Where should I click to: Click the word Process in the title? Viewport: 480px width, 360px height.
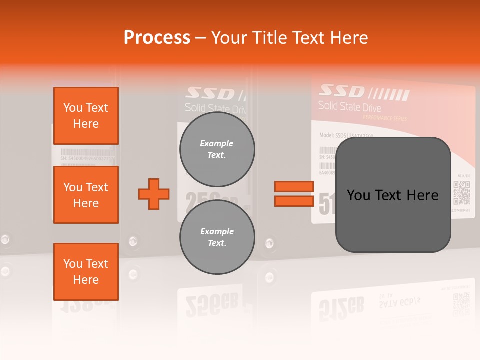[x=157, y=38]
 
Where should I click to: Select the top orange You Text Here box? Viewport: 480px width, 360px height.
[x=86, y=116]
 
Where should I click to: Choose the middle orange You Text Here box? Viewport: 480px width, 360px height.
[x=86, y=195]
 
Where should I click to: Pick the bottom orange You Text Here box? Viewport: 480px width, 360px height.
[x=86, y=272]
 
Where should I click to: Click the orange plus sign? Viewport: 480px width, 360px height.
[x=154, y=194]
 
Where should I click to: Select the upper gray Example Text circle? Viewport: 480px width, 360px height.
[x=217, y=149]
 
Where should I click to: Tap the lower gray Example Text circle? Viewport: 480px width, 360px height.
[x=217, y=237]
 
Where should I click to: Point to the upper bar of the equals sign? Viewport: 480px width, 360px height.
[x=294, y=187]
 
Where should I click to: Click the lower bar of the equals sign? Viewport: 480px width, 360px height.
[x=294, y=201]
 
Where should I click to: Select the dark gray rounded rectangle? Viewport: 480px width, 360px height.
[x=393, y=195]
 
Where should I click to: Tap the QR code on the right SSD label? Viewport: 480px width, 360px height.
[x=461, y=193]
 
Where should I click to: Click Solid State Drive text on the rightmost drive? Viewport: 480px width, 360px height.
[x=349, y=106]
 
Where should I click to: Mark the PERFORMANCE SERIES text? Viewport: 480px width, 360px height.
[x=384, y=118]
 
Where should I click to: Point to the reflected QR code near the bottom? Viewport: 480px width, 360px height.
[x=461, y=304]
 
